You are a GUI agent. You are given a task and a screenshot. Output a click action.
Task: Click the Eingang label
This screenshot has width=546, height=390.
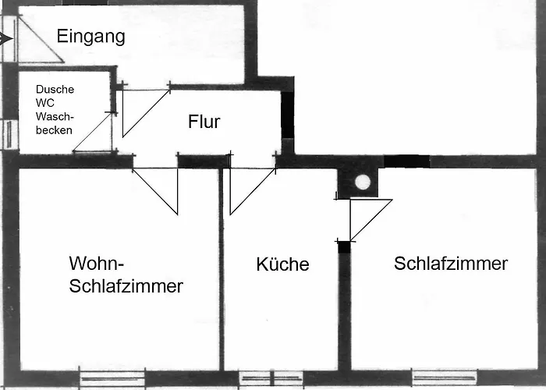(x=91, y=37)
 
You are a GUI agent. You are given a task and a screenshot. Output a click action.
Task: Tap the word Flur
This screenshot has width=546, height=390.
(x=204, y=122)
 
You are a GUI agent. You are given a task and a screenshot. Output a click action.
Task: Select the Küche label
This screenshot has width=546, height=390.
(x=282, y=264)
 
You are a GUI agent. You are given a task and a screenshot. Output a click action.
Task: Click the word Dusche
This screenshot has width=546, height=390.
(x=55, y=89)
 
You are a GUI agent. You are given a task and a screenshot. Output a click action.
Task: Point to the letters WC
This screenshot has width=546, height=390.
(x=45, y=103)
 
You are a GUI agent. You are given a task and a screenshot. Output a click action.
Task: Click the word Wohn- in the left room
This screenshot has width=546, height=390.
(x=97, y=263)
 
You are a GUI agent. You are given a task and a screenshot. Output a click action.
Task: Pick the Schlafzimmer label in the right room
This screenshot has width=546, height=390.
(x=451, y=264)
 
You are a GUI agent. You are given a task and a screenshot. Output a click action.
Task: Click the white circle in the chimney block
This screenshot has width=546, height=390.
(x=363, y=183)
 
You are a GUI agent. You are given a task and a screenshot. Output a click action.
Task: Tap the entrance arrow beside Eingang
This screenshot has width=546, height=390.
(x=6, y=39)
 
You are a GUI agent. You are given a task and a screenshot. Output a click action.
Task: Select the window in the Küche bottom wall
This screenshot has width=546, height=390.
(x=271, y=378)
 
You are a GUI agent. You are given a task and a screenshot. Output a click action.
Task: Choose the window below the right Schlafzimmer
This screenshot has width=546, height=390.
(x=445, y=378)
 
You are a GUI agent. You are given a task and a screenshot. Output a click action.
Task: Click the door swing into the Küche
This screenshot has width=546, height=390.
(x=253, y=191)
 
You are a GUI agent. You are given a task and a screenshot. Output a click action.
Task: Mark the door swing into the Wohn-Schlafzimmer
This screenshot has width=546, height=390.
(x=155, y=191)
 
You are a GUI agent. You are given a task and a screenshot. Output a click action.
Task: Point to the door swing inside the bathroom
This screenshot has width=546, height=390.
(x=93, y=133)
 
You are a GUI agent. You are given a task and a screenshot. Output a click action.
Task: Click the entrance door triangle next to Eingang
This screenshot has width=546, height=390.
(x=40, y=39)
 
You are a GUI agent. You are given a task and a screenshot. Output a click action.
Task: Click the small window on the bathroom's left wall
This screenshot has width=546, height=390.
(x=9, y=134)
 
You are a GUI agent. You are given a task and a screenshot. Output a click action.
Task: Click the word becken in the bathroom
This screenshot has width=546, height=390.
(x=54, y=130)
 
